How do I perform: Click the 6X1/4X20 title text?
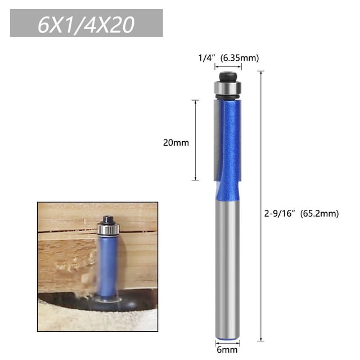(x=86, y=24)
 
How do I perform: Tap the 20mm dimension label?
(x=176, y=143)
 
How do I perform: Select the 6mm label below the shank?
(x=227, y=350)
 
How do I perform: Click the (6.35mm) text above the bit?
(x=240, y=58)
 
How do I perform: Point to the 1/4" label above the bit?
(x=207, y=58)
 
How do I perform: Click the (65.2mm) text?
(x=319, y=214)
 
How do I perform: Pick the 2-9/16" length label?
(x=280, y=214)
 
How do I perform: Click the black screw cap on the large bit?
(x=228, y=77)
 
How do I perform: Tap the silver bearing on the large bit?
(x=228, y=88)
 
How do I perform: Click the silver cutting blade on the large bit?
(x=217, y=140)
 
